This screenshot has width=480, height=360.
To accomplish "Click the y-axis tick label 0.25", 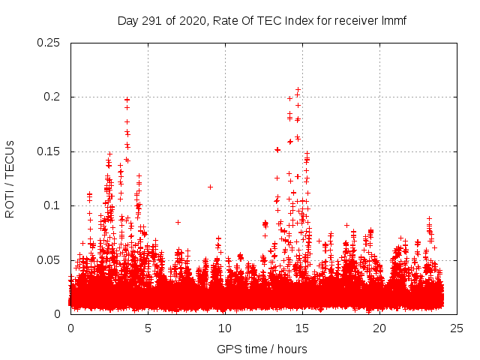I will tap(49, 43).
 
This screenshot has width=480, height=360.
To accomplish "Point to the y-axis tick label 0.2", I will tap(52, 97).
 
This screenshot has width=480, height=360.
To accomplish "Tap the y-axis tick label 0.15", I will tap(49, 151).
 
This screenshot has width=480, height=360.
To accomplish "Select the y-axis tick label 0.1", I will tap(52, 205).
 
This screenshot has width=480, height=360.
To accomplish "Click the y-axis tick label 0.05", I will tap(49, 260).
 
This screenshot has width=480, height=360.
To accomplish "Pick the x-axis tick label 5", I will tap(148, 328).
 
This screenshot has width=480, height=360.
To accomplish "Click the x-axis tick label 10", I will tap(225, 328).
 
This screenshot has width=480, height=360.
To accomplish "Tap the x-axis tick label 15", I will tap(302, 328).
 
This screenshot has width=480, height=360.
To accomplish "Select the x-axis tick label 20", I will tap(379, 328).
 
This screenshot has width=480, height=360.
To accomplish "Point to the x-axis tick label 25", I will tap(457, 328).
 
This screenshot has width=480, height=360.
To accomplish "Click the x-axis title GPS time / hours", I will tap(262, 349).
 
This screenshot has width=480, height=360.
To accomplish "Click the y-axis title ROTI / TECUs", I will tap(10, 178).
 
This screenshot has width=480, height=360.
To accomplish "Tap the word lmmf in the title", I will tap(394, 20).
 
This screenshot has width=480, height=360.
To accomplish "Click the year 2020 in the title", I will tap(192, 20).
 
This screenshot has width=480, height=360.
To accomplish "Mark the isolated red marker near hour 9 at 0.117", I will tap(210, 187).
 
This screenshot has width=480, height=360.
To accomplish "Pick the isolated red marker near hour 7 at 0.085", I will tap(178, 222).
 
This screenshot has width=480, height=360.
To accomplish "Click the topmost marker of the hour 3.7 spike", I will tap(127, 99).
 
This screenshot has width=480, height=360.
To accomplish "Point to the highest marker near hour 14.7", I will tap(298, 90).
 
